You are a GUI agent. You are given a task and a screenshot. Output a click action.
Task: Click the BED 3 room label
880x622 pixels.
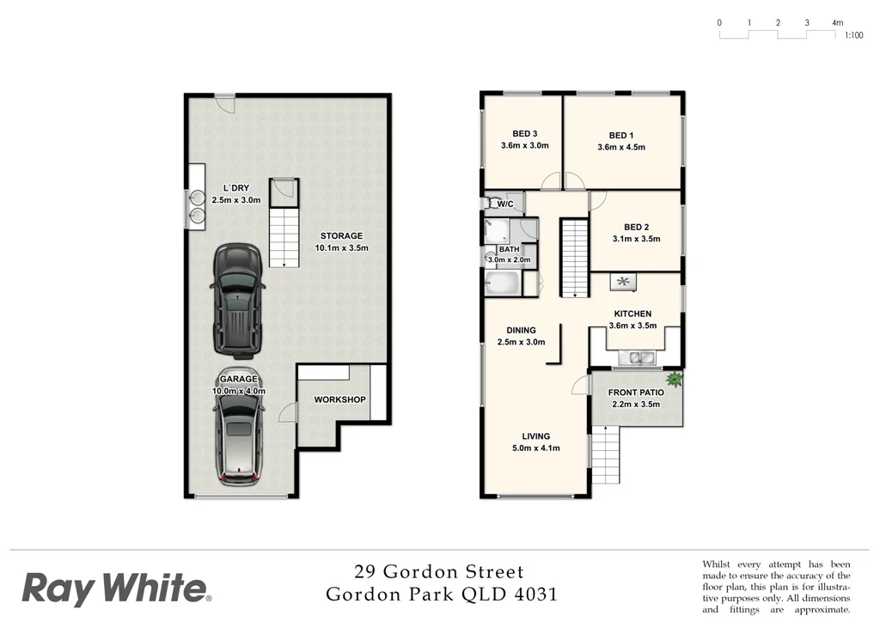524,133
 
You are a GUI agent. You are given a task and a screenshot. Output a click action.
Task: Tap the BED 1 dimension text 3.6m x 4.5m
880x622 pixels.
620,147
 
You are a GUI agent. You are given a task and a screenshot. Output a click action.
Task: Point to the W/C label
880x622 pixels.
504,204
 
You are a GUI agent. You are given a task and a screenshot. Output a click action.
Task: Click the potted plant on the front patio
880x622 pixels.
675,378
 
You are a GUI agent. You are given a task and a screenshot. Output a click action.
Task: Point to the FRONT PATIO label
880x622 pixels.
635,393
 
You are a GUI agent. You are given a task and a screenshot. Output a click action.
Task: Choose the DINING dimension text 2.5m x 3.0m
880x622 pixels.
522,342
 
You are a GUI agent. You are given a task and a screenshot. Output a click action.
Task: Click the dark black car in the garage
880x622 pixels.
235,299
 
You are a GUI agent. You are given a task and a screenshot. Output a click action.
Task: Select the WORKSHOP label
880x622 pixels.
339,399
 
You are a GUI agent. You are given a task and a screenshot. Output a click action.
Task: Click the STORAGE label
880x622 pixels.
342,235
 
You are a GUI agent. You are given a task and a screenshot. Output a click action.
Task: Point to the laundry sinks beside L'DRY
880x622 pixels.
197,206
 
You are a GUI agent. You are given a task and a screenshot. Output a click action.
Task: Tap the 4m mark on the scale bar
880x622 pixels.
836,23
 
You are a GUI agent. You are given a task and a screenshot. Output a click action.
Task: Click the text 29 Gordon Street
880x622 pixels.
439,571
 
